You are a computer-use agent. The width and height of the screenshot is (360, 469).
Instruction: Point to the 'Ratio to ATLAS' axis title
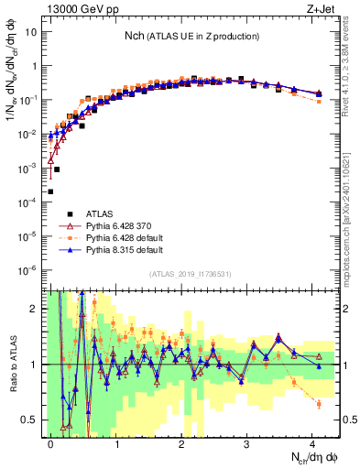pos(11,364)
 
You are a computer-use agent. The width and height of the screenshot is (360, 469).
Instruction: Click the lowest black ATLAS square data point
pos(50,191)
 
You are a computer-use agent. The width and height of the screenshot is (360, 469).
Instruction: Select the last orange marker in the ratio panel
pos(318,404)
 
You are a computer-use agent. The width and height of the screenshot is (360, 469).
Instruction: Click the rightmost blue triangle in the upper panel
pos(318,93)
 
